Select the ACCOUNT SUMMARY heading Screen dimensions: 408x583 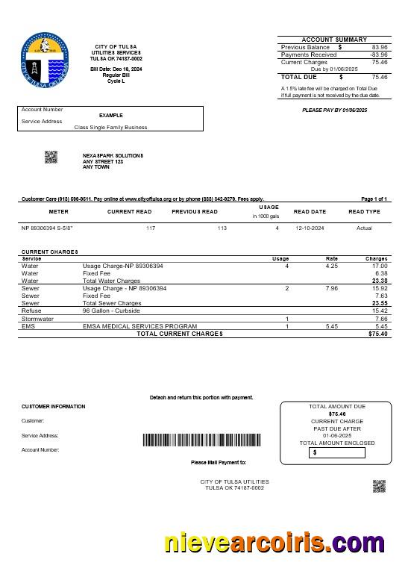333,40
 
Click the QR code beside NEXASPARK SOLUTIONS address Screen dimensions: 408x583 51,157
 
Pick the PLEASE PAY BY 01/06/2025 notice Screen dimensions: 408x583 334,110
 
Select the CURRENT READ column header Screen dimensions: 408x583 129,211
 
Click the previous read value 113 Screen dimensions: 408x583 222,228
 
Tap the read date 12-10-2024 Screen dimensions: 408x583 310,228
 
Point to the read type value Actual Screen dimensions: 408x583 364,228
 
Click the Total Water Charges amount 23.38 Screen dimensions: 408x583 380,281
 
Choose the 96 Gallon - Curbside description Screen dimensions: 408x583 111,311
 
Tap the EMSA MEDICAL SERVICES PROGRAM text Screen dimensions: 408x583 139,326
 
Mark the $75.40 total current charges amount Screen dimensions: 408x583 377,334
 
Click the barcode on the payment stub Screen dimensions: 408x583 201,440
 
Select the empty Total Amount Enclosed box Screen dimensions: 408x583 338,452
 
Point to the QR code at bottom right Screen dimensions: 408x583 379,487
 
